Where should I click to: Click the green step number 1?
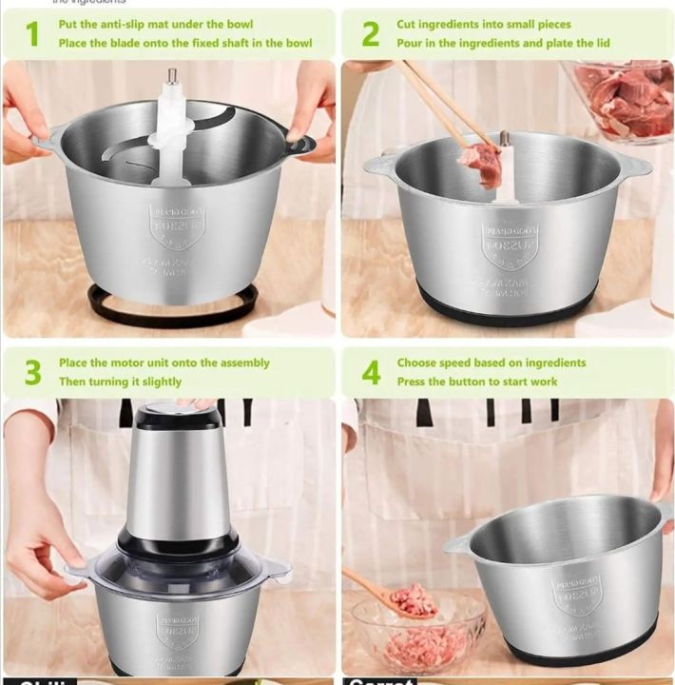point(32,34)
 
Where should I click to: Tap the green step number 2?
point(371,34)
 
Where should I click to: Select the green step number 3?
point(32,373)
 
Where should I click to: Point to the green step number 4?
point(371,373)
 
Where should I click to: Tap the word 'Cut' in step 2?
point(408,25)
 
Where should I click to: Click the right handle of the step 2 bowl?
point(632,166)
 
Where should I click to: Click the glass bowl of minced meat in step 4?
point(418,633)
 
